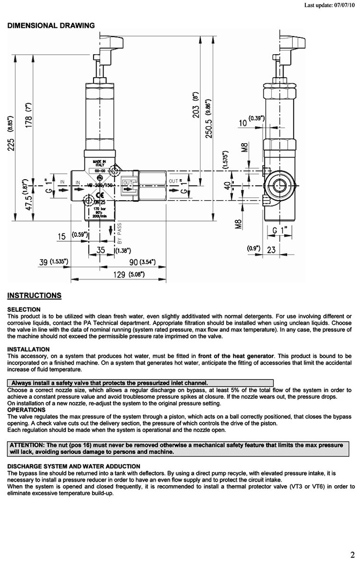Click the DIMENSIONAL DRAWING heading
point(51,25)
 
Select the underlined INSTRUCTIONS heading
point(34,295)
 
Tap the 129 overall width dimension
point(118,275)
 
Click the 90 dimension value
point(134,262)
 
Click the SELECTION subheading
point(24,309)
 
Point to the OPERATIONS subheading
point(27,410)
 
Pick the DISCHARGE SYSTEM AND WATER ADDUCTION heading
point(74,466)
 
